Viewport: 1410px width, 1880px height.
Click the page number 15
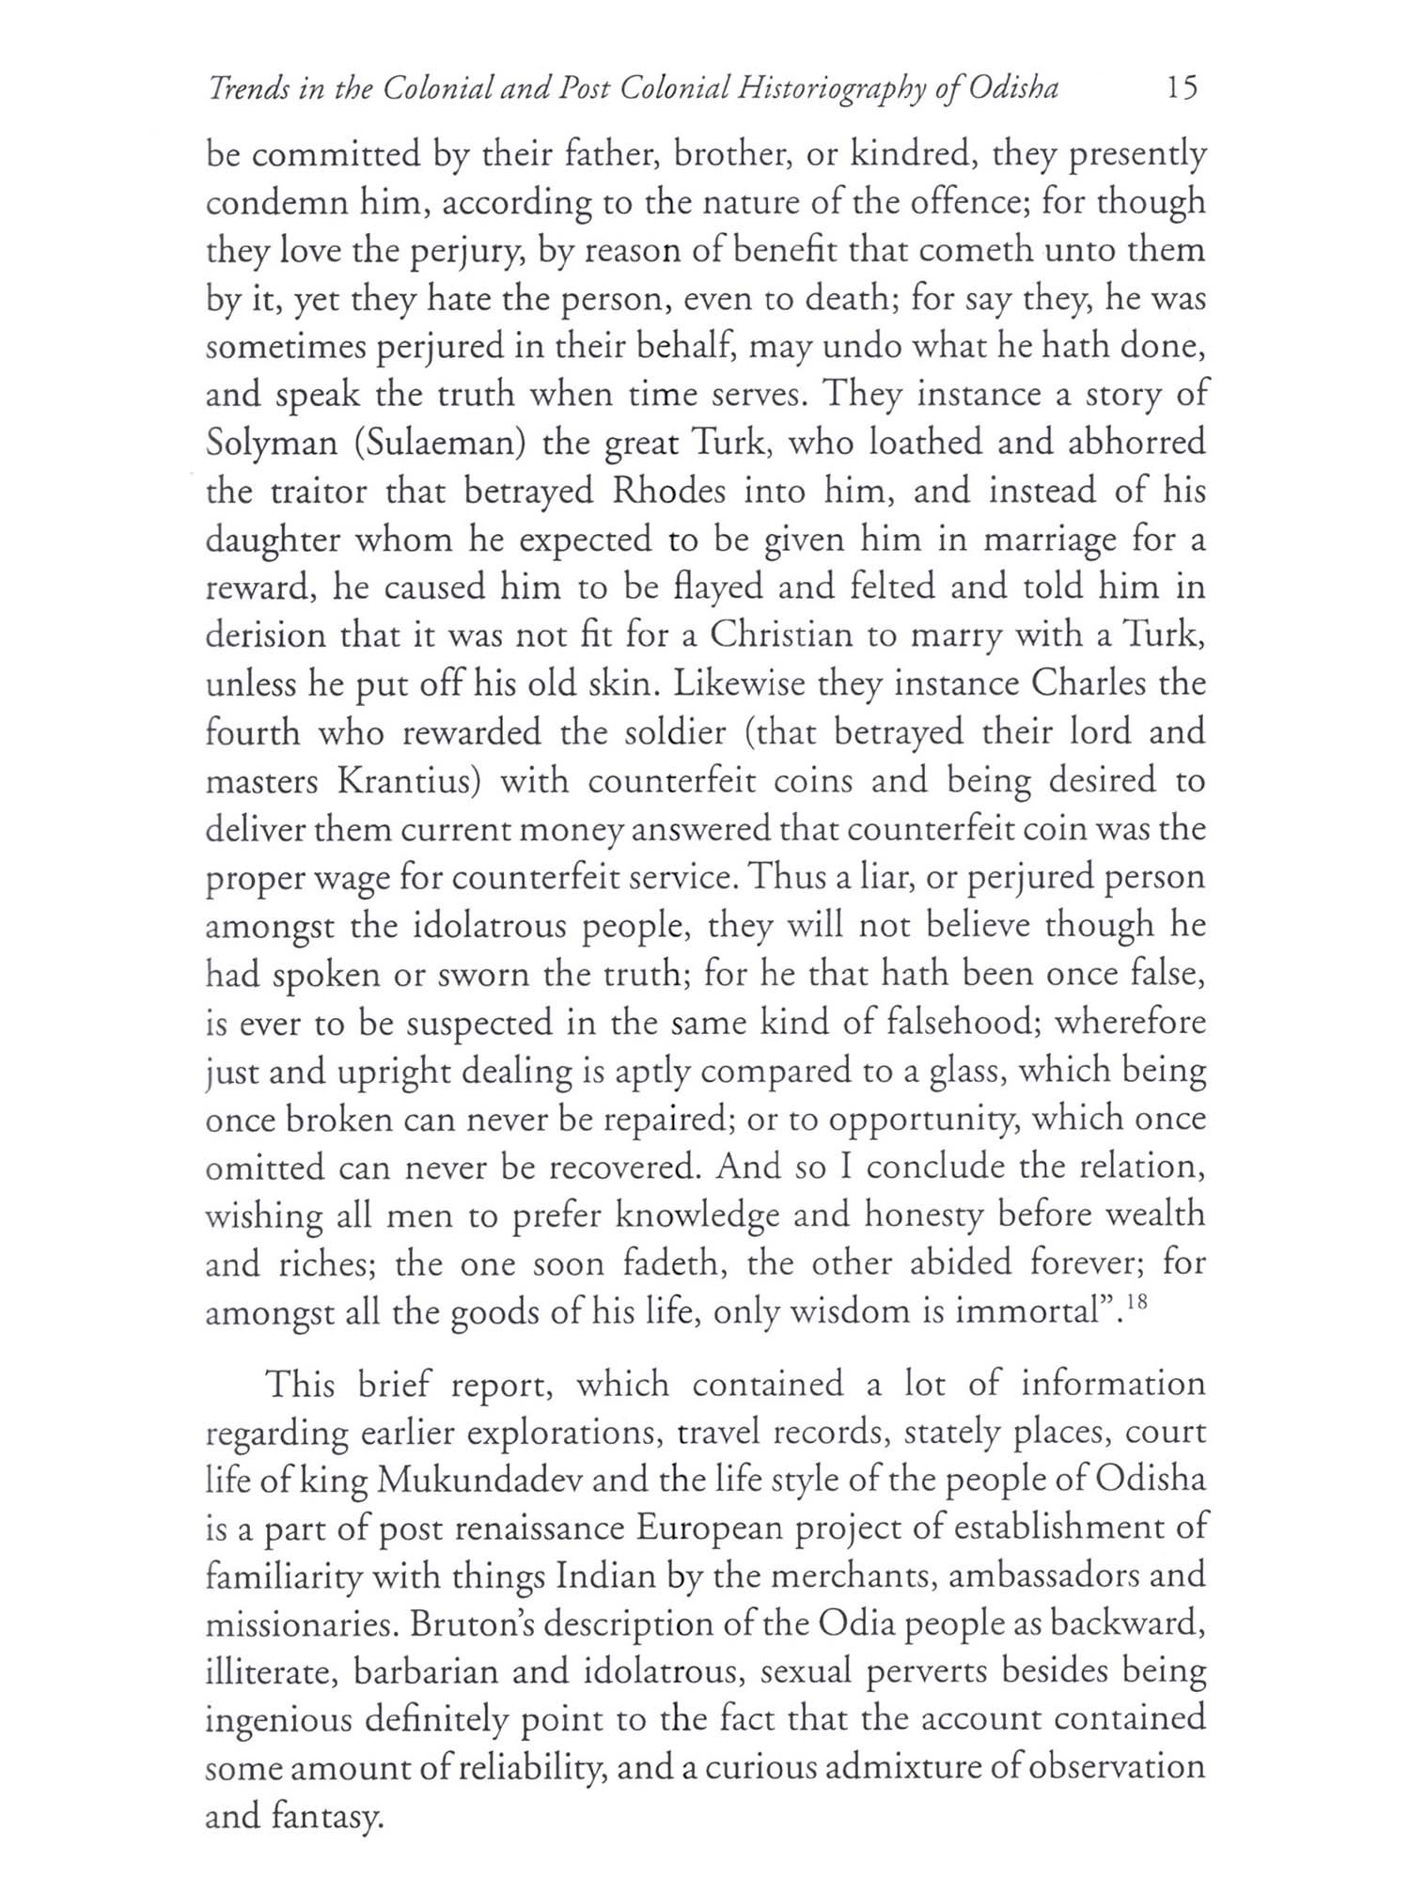pos(1182,88)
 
